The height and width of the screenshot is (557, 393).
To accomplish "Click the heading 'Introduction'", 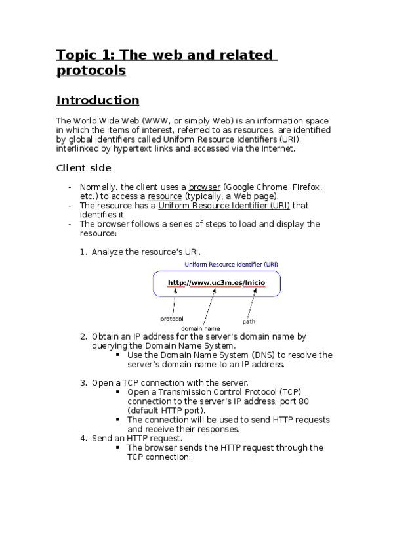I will (98, 100).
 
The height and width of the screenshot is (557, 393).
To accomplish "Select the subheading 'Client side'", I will (83, 168).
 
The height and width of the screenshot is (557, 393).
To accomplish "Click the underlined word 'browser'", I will (204, 187).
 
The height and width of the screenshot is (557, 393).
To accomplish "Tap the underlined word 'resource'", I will (164, 196).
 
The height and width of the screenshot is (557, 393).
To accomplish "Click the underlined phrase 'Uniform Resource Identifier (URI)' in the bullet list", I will (224, 206).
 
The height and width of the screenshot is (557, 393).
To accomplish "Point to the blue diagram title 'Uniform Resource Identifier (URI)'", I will (231, 265).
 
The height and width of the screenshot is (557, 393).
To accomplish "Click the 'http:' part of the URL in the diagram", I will (178, 283).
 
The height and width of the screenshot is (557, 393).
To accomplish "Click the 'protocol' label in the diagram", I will (172, 319).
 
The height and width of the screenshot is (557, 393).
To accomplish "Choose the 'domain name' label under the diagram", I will (201, 328).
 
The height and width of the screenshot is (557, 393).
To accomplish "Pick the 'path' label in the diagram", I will (249, 321).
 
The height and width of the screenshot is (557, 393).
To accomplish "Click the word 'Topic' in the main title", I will (75, 55).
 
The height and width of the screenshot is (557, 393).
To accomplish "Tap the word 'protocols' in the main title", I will (91, 71).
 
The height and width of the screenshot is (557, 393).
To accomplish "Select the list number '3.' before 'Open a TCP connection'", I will (83, 383).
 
